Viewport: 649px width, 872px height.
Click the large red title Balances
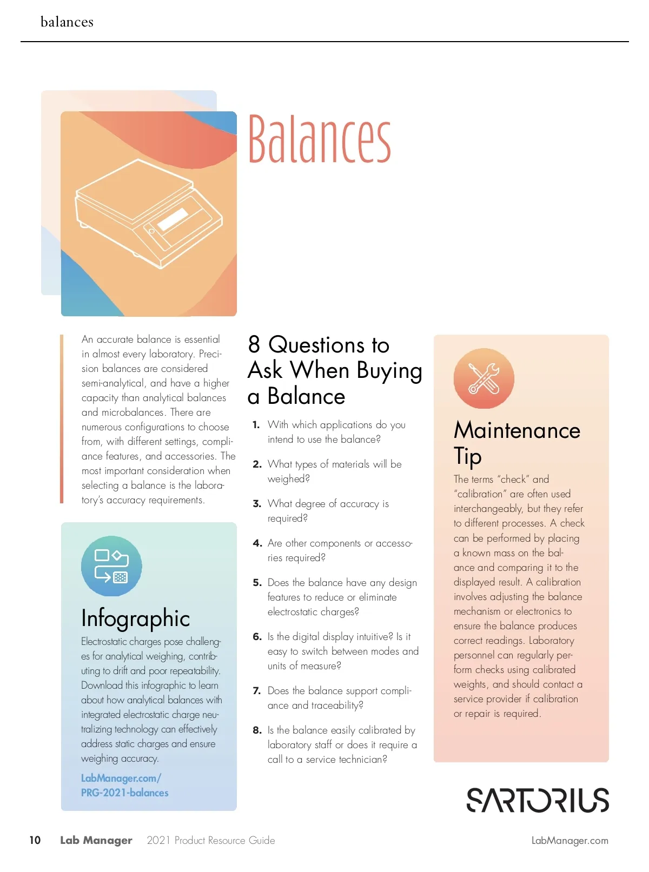[x=319, y=139]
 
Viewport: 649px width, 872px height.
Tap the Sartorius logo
[x=538, y=800]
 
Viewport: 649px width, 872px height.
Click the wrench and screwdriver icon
[x=484, y=378]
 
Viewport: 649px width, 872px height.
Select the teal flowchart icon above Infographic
[x=111, y=566]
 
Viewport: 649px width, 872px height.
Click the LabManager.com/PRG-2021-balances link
[x=124, y=785]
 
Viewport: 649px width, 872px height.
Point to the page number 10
[x=35, y=840]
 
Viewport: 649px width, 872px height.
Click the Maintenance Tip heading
[x=516, y=442]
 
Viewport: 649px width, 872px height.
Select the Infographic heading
[x=135, y=618]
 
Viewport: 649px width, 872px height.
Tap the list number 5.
[x=257, y=583]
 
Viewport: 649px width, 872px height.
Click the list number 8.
[x=257, y=730]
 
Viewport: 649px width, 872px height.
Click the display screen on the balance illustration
[x=174, y=219]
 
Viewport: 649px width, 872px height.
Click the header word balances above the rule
[x=67, y=22]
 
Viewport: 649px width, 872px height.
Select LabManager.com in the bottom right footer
[x=569, y=841]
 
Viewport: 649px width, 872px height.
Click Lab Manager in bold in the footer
[x=96, y=840]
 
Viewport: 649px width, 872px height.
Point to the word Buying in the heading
[x=389, y=371]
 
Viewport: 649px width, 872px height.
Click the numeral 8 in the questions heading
[x=254, y=344]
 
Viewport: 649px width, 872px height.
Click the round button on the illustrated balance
[x=151, y=231]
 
